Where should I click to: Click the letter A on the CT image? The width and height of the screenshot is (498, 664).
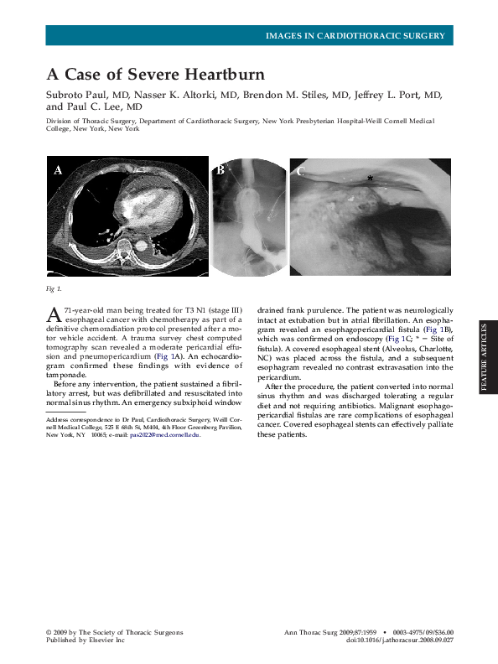pyautogui.click(x=58, y=170)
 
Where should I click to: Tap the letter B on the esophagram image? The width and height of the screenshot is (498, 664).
pyautogui.click(x=220, y=170)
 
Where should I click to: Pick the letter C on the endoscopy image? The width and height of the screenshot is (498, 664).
pyautogui.click(x=300, y=171)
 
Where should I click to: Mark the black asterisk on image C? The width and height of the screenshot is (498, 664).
pyautogui.click(x=370, y=178)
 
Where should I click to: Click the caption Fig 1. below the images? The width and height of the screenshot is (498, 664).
pyautogui.click(x=54, y=289)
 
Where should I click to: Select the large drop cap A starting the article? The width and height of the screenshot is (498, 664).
pyautogui.click(x=53, y=314)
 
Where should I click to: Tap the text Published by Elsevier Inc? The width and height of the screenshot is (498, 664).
pyautogui.click(x=85, y=641)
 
